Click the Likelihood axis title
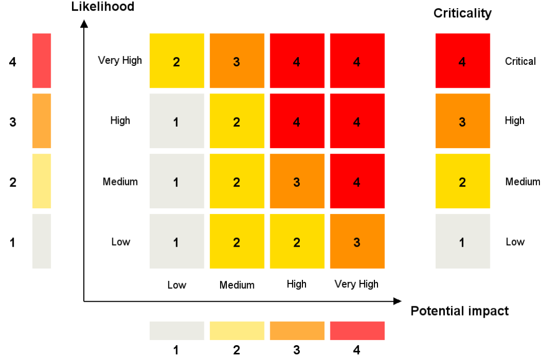point(103,7)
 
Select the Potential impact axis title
point(460,311)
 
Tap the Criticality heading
point(462,13)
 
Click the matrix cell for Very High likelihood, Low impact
point(177,61)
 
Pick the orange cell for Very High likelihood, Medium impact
point(236,61)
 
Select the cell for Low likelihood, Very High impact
point(357,241)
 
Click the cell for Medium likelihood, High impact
point(297,181)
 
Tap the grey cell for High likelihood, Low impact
point(177,121)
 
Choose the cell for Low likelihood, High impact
point(297,241)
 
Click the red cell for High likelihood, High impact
point(297,121)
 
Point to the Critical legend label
point(520,61)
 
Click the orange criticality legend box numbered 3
point(462,121)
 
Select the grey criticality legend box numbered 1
point(462,241)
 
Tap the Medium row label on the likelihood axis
point(120,181)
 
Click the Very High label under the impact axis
point(357,284)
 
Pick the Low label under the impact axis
point(177,285)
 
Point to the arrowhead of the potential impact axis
point(397,301)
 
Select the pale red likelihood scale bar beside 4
point(41,61)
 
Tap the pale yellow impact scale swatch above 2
point(236,330)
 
